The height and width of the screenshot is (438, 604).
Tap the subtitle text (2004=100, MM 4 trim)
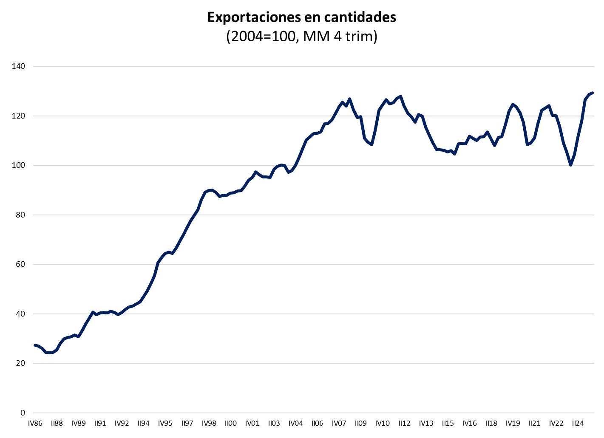[302, 37]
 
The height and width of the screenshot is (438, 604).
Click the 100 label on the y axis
[19, 165]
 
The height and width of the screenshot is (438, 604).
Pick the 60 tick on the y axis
[21, 264]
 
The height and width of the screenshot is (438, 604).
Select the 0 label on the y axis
[23, 413]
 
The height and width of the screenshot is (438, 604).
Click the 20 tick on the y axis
[21, 363]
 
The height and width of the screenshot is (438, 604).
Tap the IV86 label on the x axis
[35, 424]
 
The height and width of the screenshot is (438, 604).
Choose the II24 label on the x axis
[578, 424]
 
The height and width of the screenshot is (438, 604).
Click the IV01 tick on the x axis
[252, 424]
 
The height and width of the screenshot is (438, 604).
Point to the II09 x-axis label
[360, 424]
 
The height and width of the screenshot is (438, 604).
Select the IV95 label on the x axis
[165, 424]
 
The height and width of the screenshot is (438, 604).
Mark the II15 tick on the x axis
[448, 424]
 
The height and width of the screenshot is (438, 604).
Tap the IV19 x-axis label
[513, 424]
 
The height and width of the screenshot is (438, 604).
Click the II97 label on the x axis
[187, 424]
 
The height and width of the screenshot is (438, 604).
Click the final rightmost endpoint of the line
[592, 93]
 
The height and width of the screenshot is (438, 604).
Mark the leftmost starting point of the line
[35, 345]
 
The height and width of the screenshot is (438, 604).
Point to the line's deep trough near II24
[570, 165]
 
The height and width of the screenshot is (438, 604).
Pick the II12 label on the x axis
[404, 424]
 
